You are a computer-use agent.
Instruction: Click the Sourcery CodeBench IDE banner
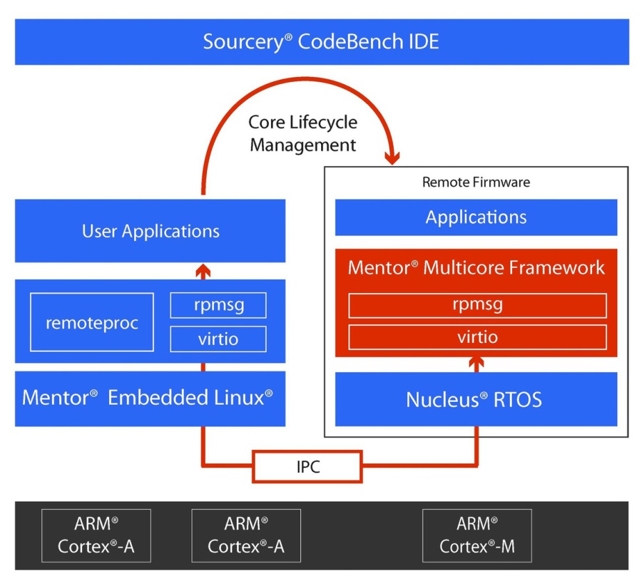pos(321,41)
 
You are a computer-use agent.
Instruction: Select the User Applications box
pos(150,231)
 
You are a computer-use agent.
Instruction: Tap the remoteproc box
pos(92,322)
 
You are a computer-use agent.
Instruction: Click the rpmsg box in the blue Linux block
pos(218,305)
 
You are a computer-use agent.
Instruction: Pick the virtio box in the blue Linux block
pos(218,339)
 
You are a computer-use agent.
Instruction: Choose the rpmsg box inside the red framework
pos(477,305)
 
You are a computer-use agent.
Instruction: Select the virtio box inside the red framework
pos(477,336)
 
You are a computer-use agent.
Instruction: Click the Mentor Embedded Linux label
pos(148,397)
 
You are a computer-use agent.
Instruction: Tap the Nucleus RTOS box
pos(476,399)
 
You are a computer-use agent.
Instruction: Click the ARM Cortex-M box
pos(477,535)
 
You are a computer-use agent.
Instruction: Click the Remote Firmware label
pos(476,182)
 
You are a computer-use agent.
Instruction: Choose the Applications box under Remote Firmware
pos(476,217)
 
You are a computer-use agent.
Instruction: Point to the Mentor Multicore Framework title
pos(476,268)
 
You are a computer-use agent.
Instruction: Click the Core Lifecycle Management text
pos(302,133)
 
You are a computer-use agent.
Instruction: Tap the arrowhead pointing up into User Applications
pos(203,269)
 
